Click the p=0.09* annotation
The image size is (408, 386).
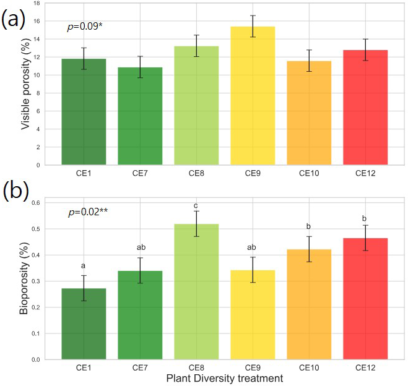pos(84,28)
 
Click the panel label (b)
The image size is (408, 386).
pos(14,191)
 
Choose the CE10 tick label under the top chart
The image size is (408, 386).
pos(308,174)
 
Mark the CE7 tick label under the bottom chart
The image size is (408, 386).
pos(140,367)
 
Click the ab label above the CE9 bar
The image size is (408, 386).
pos(252,247)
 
